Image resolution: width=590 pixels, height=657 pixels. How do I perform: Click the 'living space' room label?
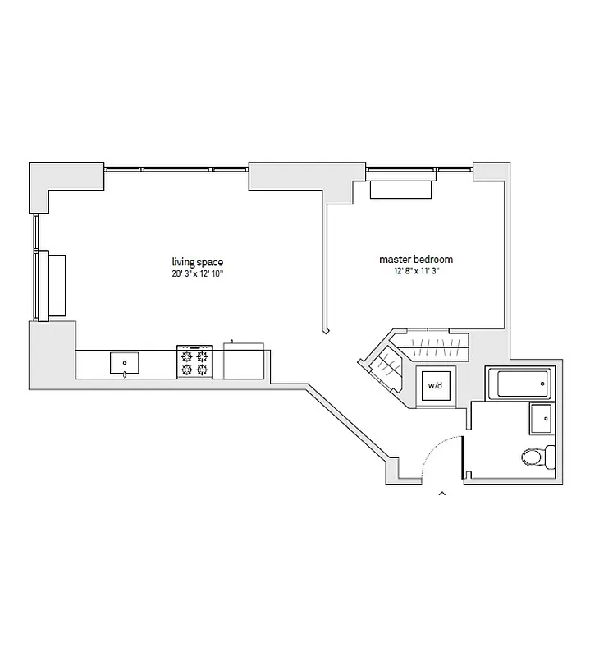[x=193, y=262]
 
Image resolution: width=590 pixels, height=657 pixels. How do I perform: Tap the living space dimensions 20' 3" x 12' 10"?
[x=193, y=273]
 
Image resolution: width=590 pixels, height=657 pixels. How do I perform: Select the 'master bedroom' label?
[x=416, y=260]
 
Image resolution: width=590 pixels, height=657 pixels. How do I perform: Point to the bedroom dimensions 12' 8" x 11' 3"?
[x=416, y=272]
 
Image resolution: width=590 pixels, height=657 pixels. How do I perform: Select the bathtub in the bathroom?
[x=518, y=383]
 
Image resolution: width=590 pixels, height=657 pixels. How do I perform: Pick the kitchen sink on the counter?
[x=124, y=361]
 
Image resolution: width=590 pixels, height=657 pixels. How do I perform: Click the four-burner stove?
[x=194, y=361]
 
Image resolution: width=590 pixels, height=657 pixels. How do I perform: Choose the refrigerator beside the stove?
[x=244, y=361]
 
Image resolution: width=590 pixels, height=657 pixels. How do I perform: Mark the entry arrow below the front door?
[x=442, y=494]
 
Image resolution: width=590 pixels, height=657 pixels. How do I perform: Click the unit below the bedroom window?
[x=400, y=188]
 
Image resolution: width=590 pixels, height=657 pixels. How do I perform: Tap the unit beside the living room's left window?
[x=55, y=286]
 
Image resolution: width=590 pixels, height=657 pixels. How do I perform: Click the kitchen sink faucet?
[x=124, y=374]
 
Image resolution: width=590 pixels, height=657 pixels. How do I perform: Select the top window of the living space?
[x=176, y=169]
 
